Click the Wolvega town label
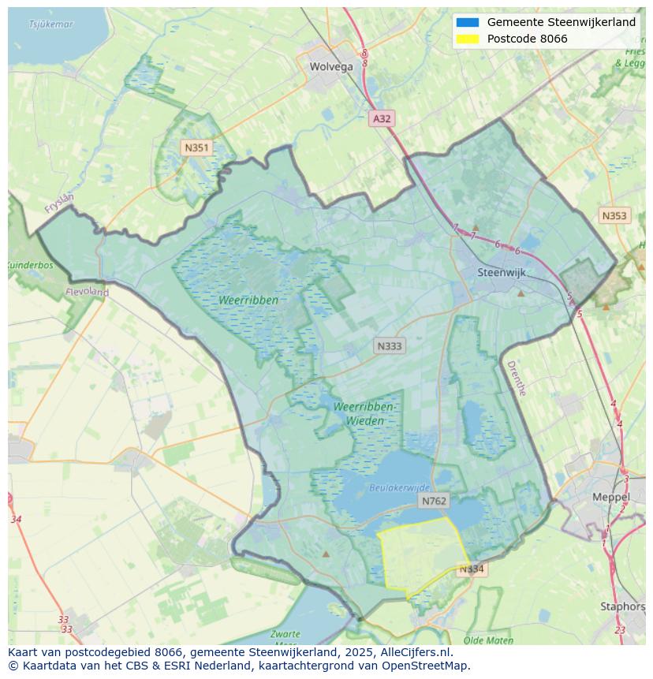pyautogui.click(x=331, y=66)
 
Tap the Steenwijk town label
pyautogui.click(x=502, y=272)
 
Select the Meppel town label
pyautogui.click(x=610, y=497)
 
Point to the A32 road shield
pyautogui.click(x=382, y=118)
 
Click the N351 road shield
pyautogui.click(x=196, y=147)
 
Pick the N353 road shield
pyautogui.click(x=614, y=215)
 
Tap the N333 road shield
pyautogui.click(x=389, y=345)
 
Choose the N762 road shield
pyautogui.click(x=434, y=501)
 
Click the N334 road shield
pyautogui.click(x=471, y=569)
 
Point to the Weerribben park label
pyautogui.click(x=249, y=300)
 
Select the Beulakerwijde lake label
pyautogui.click(x=400, y=488)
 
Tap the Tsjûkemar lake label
pyautogui.click(x=50, y=24)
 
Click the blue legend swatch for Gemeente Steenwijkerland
pyautogui.click(x=467, y=22)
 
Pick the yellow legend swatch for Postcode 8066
pyautogui.click(x=467, y=39)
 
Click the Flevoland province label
pyautogui.click(x=88, y=292)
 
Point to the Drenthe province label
pyautogui.click(x=516, y=378)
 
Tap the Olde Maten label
pyautogui.click(x=488, y=640)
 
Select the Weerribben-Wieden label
pyautogui.click(x=364, y=413)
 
